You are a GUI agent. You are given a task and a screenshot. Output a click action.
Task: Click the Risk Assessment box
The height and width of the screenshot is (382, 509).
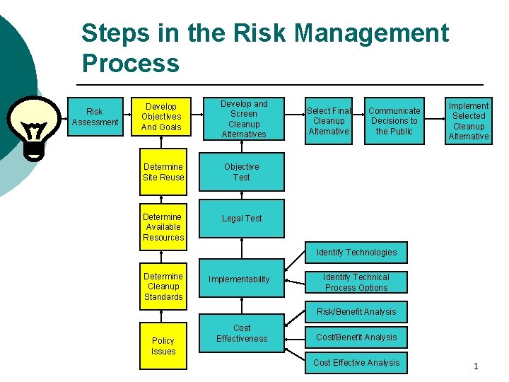pyautogui.click(x=94, y=117)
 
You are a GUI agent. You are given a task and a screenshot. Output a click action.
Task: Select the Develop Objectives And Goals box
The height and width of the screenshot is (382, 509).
pyautogui.click(x=161, y=117)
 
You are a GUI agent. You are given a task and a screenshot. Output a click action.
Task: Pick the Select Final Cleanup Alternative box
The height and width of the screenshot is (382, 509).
pyautogui.click(x=329, y=120)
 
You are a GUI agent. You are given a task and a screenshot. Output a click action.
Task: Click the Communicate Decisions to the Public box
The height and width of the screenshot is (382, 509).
pyautogui.click(x=394, y=120)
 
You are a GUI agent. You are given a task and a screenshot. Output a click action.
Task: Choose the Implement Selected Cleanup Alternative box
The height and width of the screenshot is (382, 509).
pyautogui.click(x=469, y=120)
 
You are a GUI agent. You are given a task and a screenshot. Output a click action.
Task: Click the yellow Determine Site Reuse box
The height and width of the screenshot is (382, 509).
pyautogui.click(x=163, y=173)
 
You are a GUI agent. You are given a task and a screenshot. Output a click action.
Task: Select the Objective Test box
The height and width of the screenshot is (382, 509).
pyautogui.click(x=242, y=173)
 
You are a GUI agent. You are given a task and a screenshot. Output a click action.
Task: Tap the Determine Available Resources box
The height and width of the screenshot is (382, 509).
pyautogui.click(x=163, y=227)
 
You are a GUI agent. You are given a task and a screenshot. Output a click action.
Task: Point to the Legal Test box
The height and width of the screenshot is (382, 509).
pyautogui.click(x=242, y=219)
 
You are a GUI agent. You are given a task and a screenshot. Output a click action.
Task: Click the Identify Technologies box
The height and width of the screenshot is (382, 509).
pyautogui.click(x=356, y=253)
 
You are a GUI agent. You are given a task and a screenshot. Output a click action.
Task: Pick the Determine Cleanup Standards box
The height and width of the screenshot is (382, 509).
pyautogui.click(x=163, y=286)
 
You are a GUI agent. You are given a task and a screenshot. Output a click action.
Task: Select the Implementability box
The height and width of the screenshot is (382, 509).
pyautogui.click(x=239, y=279)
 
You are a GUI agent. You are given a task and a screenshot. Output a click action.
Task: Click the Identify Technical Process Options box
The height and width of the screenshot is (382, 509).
pyautogui.click(x=356, y=282)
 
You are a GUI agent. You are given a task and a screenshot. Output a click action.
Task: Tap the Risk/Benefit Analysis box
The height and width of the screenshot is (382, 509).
pyautogui.click(x=356, y=312)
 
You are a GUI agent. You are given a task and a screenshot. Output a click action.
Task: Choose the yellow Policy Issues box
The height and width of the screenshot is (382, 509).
pyautogui.click(x=163, y=346)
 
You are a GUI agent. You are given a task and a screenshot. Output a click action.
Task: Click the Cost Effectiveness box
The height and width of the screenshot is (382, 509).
pyautogui.click(x=242, y=334)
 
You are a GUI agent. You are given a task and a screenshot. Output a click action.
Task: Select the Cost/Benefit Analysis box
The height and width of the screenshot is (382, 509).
pyautogui.click(x=356, y=337)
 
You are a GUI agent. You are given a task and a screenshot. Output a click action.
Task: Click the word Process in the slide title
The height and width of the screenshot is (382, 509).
pyautogui.click(x=131, y=63)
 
